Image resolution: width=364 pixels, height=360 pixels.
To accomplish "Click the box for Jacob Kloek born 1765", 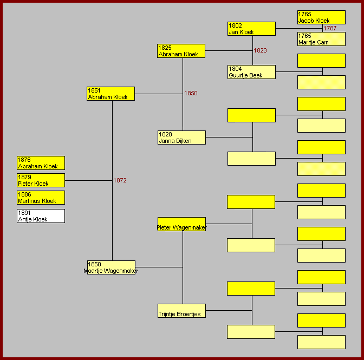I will pyautogui.click(x=321, y=17).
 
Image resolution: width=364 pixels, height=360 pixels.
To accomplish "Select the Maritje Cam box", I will pyautogui.click(x=321, y=39).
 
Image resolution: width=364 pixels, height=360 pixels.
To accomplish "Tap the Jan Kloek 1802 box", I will pyautogui.click(x=251, y=29).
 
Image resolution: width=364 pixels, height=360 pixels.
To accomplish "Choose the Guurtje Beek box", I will pyautogui.click(x=251, y=72).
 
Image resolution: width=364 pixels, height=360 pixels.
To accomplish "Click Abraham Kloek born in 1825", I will pyautogui.click(x=181, y=51).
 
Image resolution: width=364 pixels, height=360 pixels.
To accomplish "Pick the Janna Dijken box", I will pyautogui.click(x=181, y=138).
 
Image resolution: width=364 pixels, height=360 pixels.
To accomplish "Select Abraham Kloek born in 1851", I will pyautogui.click(x=110, y=94).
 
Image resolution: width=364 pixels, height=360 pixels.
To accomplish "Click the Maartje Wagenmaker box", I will pyautogui.click(x=111, y=267).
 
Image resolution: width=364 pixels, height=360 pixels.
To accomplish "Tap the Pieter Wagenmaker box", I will pyautogui.click(x=181, y=225).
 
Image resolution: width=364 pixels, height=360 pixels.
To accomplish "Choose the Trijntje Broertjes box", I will pyautogui.click(x=181, y=311).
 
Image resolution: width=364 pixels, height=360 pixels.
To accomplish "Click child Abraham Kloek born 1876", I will pyautogui.click(x=41, y=163).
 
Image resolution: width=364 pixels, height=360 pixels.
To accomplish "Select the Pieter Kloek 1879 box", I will pyautogui.click(x=41, y=180).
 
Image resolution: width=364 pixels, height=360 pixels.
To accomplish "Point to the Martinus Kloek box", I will pyautogui.click(x=41, y=198).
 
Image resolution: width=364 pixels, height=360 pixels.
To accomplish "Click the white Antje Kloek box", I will pyautogui.click(x=41, y=216).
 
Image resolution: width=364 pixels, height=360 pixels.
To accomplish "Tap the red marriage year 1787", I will pyautogui.click(x=330, y=28).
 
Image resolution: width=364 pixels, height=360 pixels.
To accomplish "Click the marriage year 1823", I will pyautogui.click(x=260, y=50).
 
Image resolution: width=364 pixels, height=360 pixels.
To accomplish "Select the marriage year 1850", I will pyautogui.click(x=191, y=93).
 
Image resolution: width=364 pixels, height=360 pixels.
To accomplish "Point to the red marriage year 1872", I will pyautogui.click(x=120, y=180).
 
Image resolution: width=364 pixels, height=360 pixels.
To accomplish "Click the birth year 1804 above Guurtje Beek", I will pyautogui.click(x=235, y=69).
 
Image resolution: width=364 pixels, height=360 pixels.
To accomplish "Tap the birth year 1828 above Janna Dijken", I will pyautogui.click(x=165, y=134).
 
